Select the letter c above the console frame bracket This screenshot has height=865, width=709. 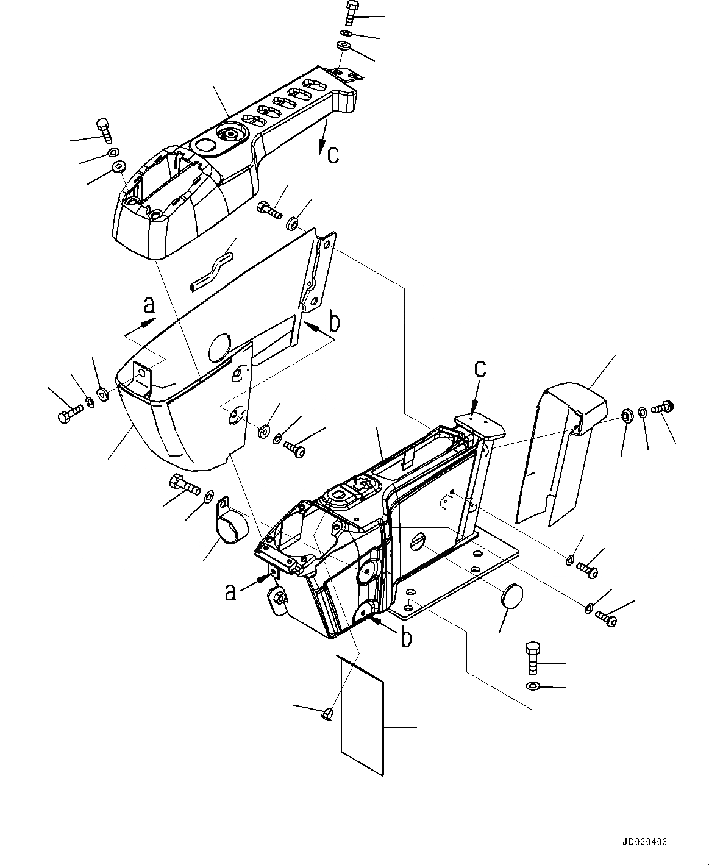click(481, 369)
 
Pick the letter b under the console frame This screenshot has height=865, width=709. click(405, 638)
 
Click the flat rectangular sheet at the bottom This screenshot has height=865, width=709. click(362, 713)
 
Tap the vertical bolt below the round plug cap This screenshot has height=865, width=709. click(532, 657)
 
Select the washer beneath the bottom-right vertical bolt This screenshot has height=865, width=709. click(532, 687)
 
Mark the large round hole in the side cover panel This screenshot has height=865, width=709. click(218, 348)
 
